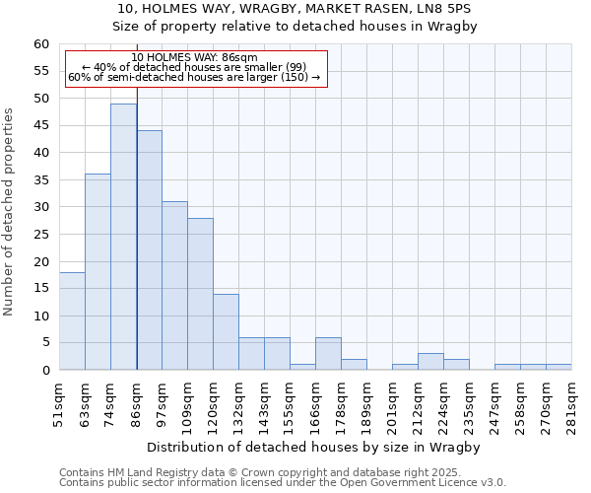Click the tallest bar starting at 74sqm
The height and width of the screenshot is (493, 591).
tap(123, 237)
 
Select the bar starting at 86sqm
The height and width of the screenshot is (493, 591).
tap(149, 250)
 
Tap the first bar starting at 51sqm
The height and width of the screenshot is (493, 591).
tap(72, 321)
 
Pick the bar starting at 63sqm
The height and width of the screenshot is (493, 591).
tap(98, 272)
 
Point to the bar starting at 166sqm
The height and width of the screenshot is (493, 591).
tap(328, 354)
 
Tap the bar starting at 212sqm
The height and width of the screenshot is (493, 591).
tap(430, 362)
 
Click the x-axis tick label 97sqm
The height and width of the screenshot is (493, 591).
tap(163, 403)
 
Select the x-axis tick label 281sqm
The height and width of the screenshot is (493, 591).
tap(572, 405)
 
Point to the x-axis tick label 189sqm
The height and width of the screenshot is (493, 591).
tap(367, 405)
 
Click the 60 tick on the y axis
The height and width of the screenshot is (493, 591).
tap(40, 44)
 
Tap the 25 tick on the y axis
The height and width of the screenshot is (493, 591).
tap(40, 235)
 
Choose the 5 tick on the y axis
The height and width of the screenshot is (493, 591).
tap(45, 343)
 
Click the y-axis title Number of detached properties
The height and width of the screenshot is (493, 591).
tap(10, 212)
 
